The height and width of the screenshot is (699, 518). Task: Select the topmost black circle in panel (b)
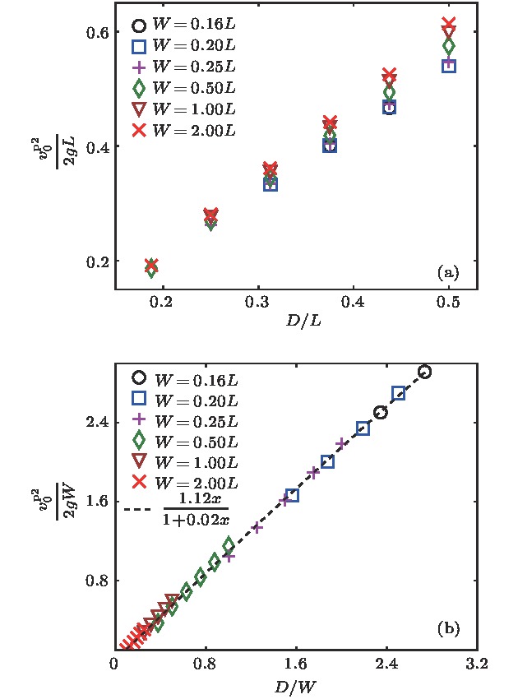(424, 372)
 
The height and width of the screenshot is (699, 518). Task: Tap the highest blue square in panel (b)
(399, 393)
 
